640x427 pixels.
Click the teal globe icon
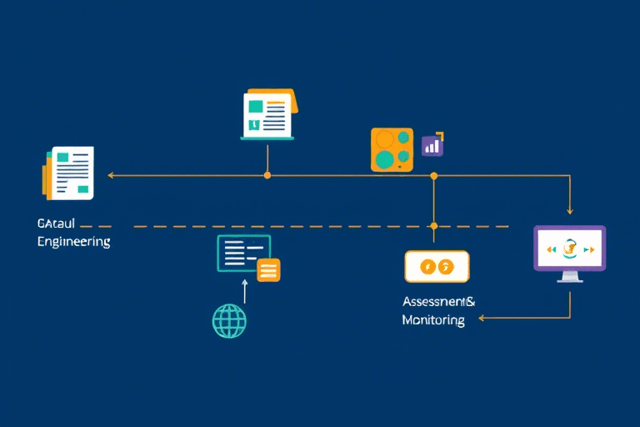coord(230,320)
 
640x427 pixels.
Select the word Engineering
coord(73,242)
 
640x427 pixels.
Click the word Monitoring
coord(433,320)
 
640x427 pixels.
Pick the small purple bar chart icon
coord(432,146)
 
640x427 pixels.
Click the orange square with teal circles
coord(392,150)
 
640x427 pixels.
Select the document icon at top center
coord(267,115)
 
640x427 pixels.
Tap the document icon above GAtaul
coord(70,173)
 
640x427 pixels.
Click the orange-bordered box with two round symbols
coord(437,267)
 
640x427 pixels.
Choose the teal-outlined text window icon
coord(243,253)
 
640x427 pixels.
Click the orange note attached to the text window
coord(268,269)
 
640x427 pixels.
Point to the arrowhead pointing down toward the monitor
coord(570,212)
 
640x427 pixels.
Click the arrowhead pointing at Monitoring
coord(481,318)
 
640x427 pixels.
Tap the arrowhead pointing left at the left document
coord(111,175)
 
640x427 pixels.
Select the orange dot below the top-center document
coord(267,175)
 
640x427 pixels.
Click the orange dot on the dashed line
coord(433,226)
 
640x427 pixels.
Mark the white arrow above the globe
coord(245,289)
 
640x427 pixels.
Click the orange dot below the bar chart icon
coord(433,175)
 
